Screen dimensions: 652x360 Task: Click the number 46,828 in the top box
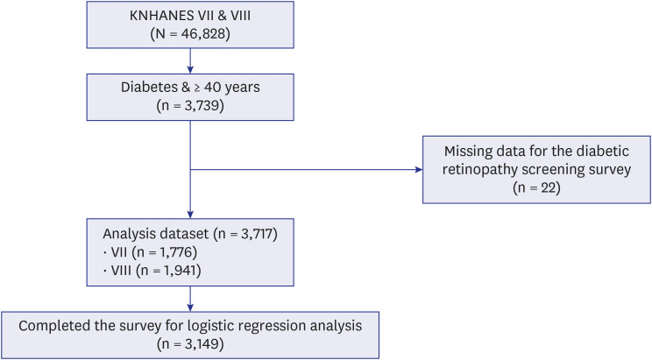click(203, 33)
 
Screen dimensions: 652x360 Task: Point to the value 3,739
click(202, 106)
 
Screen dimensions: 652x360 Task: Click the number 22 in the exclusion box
click(549, 188)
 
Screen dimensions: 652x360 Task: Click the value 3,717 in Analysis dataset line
click(255, 234)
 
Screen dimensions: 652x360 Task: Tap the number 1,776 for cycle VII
click(176, 252)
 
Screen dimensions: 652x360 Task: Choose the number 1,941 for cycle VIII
click(180, 270)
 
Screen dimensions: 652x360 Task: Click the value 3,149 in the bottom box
click(202, 344)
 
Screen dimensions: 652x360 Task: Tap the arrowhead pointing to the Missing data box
click(419, 170)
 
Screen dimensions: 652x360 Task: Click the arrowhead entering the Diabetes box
click(190, 70)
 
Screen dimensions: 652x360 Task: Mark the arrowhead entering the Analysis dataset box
click(190, 215)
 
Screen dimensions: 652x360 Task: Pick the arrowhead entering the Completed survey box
click(190, 307)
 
